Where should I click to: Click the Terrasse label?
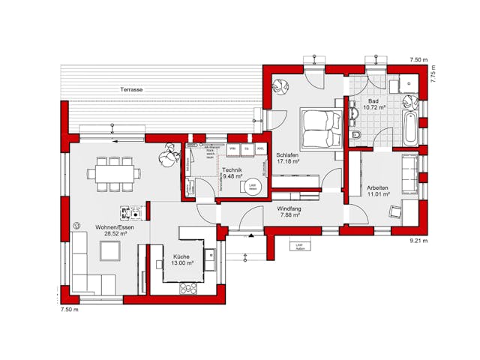pyautogui.click(x=131, y=90)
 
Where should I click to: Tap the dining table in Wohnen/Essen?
pyautogui.click(x=112, y=174)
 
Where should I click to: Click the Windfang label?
pyautogui.click(x=289, y=208)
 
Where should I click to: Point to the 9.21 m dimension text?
pyautogui.click(x=418, y=241)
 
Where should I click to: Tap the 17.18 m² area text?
pyautogui.click(x=288, y=161)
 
